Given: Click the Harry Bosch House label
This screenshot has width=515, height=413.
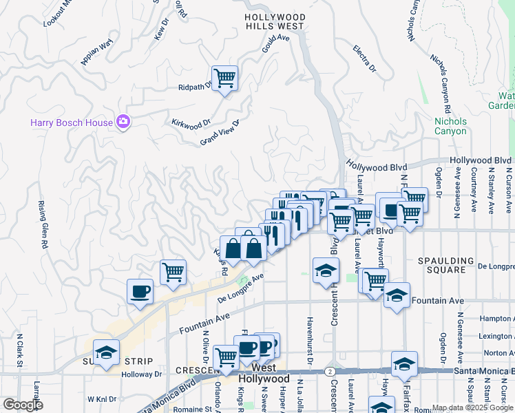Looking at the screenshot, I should coord(71,123).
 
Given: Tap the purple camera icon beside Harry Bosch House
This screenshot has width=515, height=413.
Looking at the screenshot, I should coord(123,122).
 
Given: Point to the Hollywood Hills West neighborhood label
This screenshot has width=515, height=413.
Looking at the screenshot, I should coord(275,21).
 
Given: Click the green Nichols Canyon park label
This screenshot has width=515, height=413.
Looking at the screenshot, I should coord(450,126).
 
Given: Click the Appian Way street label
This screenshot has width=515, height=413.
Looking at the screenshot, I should coord(96,53).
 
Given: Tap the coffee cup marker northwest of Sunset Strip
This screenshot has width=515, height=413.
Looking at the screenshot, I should coord(140,290).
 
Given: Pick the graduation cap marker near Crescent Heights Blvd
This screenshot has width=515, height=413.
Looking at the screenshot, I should coord(326,270).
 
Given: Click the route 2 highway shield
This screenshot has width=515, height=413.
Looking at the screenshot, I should coord(331,370).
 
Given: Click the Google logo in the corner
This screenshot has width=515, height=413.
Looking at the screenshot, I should coord(23,405).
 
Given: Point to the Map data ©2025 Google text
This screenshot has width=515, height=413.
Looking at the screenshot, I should coord(472,407).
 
